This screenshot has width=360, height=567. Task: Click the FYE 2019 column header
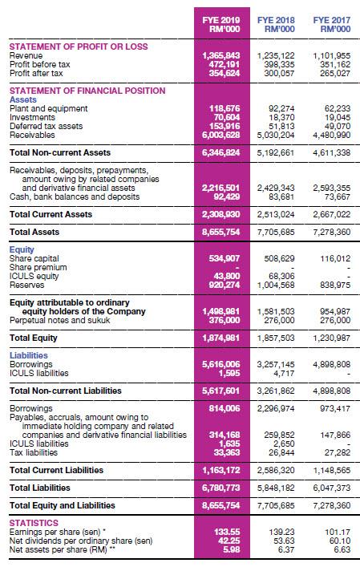218,25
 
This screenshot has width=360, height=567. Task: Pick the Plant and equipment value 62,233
334,106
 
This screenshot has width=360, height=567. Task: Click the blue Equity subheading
21,249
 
